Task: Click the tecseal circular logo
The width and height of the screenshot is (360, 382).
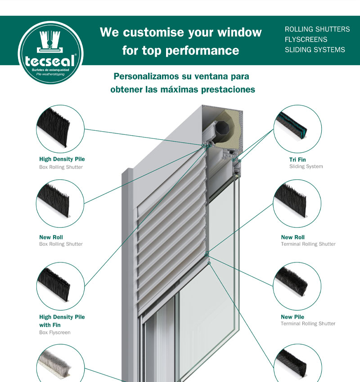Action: click(x=51, y=53)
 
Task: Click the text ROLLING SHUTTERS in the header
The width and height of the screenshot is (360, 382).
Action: click(x=317, y=29)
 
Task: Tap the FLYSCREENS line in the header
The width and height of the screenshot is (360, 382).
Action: click(x=306, y=40)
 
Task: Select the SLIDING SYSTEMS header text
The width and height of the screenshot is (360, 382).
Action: click(x=315, y=50)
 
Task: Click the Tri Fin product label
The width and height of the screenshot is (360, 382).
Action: click(x=297, y=160)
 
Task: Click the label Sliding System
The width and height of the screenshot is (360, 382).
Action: click(x=306, y=166)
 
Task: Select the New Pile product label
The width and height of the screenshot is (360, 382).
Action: click(x=292, y=317)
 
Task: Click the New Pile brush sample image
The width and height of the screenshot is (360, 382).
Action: click(x=291, y=281)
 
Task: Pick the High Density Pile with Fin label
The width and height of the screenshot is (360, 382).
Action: click(x=62, y=321)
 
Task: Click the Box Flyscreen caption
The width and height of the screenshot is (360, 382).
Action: click(x=54, y=333)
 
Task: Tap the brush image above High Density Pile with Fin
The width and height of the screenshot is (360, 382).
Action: click(x=54, y=284)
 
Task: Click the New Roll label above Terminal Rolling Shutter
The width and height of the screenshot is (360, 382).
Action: click(x=292, y=237)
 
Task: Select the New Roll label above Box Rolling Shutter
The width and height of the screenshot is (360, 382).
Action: click(x=51, y=237)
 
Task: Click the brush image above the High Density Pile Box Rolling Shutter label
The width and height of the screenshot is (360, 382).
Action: click(x=53, y=128)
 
